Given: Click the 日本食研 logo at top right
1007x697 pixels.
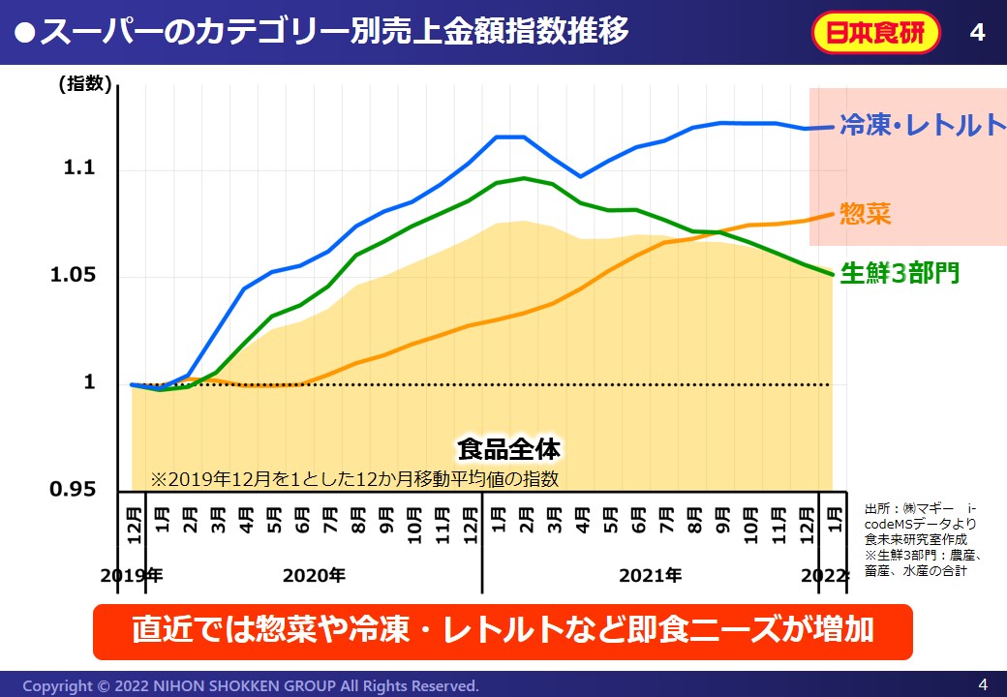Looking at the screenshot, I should [876, 33].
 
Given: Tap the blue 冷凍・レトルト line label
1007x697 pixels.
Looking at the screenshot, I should [922, 125].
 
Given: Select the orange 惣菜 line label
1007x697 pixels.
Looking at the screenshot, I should [866, 214].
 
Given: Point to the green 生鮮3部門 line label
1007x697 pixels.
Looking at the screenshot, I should [900, 273].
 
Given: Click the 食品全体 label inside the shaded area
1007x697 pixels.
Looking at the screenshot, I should [508, 449].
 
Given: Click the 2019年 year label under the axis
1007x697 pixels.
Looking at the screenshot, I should [132, 575].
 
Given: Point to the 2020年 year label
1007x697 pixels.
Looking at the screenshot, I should [314, 575].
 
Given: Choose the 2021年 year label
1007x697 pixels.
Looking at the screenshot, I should [650, 575].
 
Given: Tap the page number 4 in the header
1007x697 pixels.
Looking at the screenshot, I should [977, 33].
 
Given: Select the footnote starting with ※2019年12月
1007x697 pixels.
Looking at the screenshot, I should [354, 478].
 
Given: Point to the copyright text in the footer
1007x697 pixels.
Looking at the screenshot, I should [251, 686].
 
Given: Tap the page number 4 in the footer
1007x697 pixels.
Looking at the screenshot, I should [983, 684].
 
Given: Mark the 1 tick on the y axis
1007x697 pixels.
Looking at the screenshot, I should [90, 383].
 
